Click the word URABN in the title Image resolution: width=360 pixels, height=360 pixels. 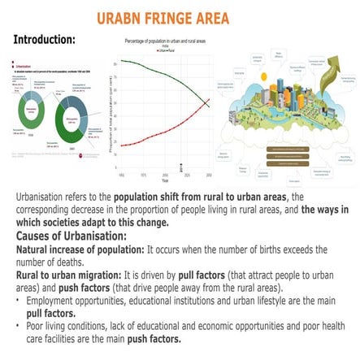[x=119, y=18]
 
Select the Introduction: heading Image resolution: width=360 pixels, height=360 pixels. [x=45, y=38]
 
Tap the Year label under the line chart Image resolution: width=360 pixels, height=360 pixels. [x=166, y=182]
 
